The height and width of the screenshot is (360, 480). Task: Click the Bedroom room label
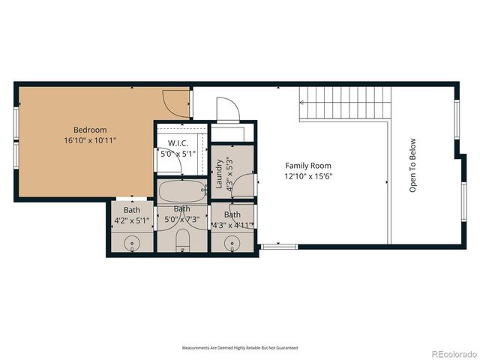[x=90, y=130]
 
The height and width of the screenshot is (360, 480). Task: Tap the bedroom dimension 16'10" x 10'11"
[x=90, y=140]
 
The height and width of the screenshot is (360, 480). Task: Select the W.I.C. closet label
[x=178, y=142]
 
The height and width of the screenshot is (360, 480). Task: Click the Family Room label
[x=307, y=166]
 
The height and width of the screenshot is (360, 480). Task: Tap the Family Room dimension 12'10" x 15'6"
[x=307, y=176]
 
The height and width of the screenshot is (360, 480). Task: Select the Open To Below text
[x=412, y=165]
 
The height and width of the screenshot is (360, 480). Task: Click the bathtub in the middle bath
[x=183, y=192]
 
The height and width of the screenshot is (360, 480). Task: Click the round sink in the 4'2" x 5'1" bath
[x=131, y=242]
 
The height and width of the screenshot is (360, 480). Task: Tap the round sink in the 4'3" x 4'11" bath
[x=232, y=242]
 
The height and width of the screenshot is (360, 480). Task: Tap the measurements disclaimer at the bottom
[x=239, y=348]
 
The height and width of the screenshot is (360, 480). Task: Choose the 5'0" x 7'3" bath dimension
[x=181, y=219]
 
